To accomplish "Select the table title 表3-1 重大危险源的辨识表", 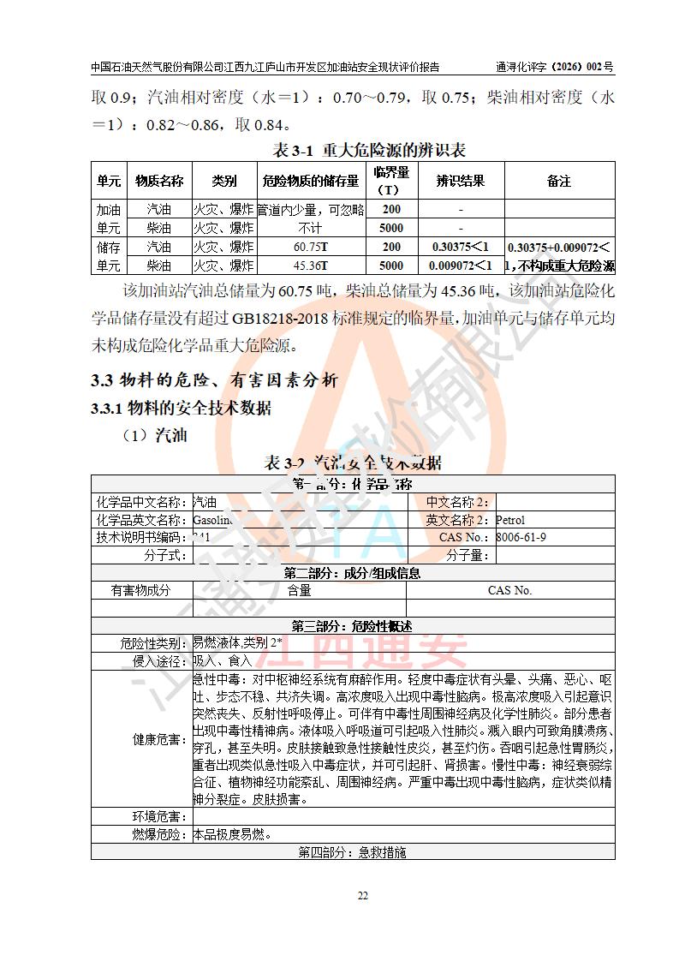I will (x=368, y=150).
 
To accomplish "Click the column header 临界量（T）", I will (x=391, y=181).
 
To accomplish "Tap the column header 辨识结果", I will (x=461, y=181).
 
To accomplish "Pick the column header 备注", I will (x=559, y=181).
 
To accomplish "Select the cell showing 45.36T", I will (x=311, y=266).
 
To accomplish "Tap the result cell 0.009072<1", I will (x=461, y=266).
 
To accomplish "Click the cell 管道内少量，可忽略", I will (x=311, y=209).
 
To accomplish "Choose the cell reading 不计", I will (x=311, y=228).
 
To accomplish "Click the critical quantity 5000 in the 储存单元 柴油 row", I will (x=391, y=266).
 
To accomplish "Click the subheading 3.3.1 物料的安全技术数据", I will (x=181, y=409).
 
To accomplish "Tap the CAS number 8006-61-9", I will (x=521, y=537).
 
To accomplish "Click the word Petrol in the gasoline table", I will (x=510, y=520).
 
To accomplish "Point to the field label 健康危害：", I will (x=160, y=739).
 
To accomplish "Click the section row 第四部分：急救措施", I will (x=352, y=852).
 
